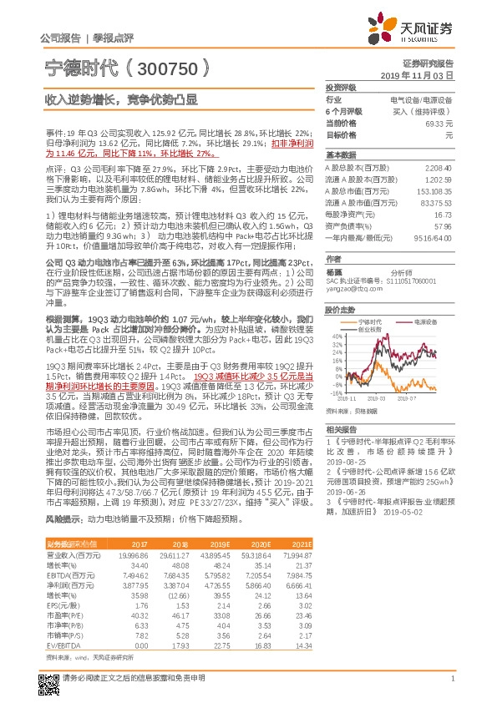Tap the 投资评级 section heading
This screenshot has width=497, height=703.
click(x=341, y=87)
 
